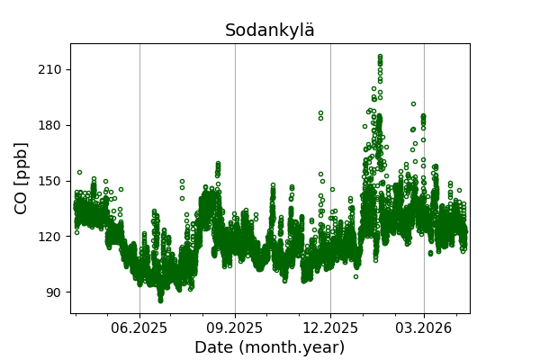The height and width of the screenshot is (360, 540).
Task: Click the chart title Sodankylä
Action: point(270,31)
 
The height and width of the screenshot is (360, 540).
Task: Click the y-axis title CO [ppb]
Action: point(22,177)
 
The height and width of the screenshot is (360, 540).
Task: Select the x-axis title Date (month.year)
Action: point(269,347)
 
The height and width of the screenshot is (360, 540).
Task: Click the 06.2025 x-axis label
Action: point(139,328)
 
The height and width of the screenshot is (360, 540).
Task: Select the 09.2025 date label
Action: point(235,328)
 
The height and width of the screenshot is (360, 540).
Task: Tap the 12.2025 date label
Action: point(330,328)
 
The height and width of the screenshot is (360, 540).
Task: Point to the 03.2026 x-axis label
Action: point(424,328)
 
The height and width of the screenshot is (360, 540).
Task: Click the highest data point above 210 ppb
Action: point(380,56)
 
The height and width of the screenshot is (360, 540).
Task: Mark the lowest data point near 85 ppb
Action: point(160,301)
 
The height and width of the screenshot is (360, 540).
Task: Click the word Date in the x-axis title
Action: point(214,347)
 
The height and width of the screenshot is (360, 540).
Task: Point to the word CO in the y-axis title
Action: point(22,201)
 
